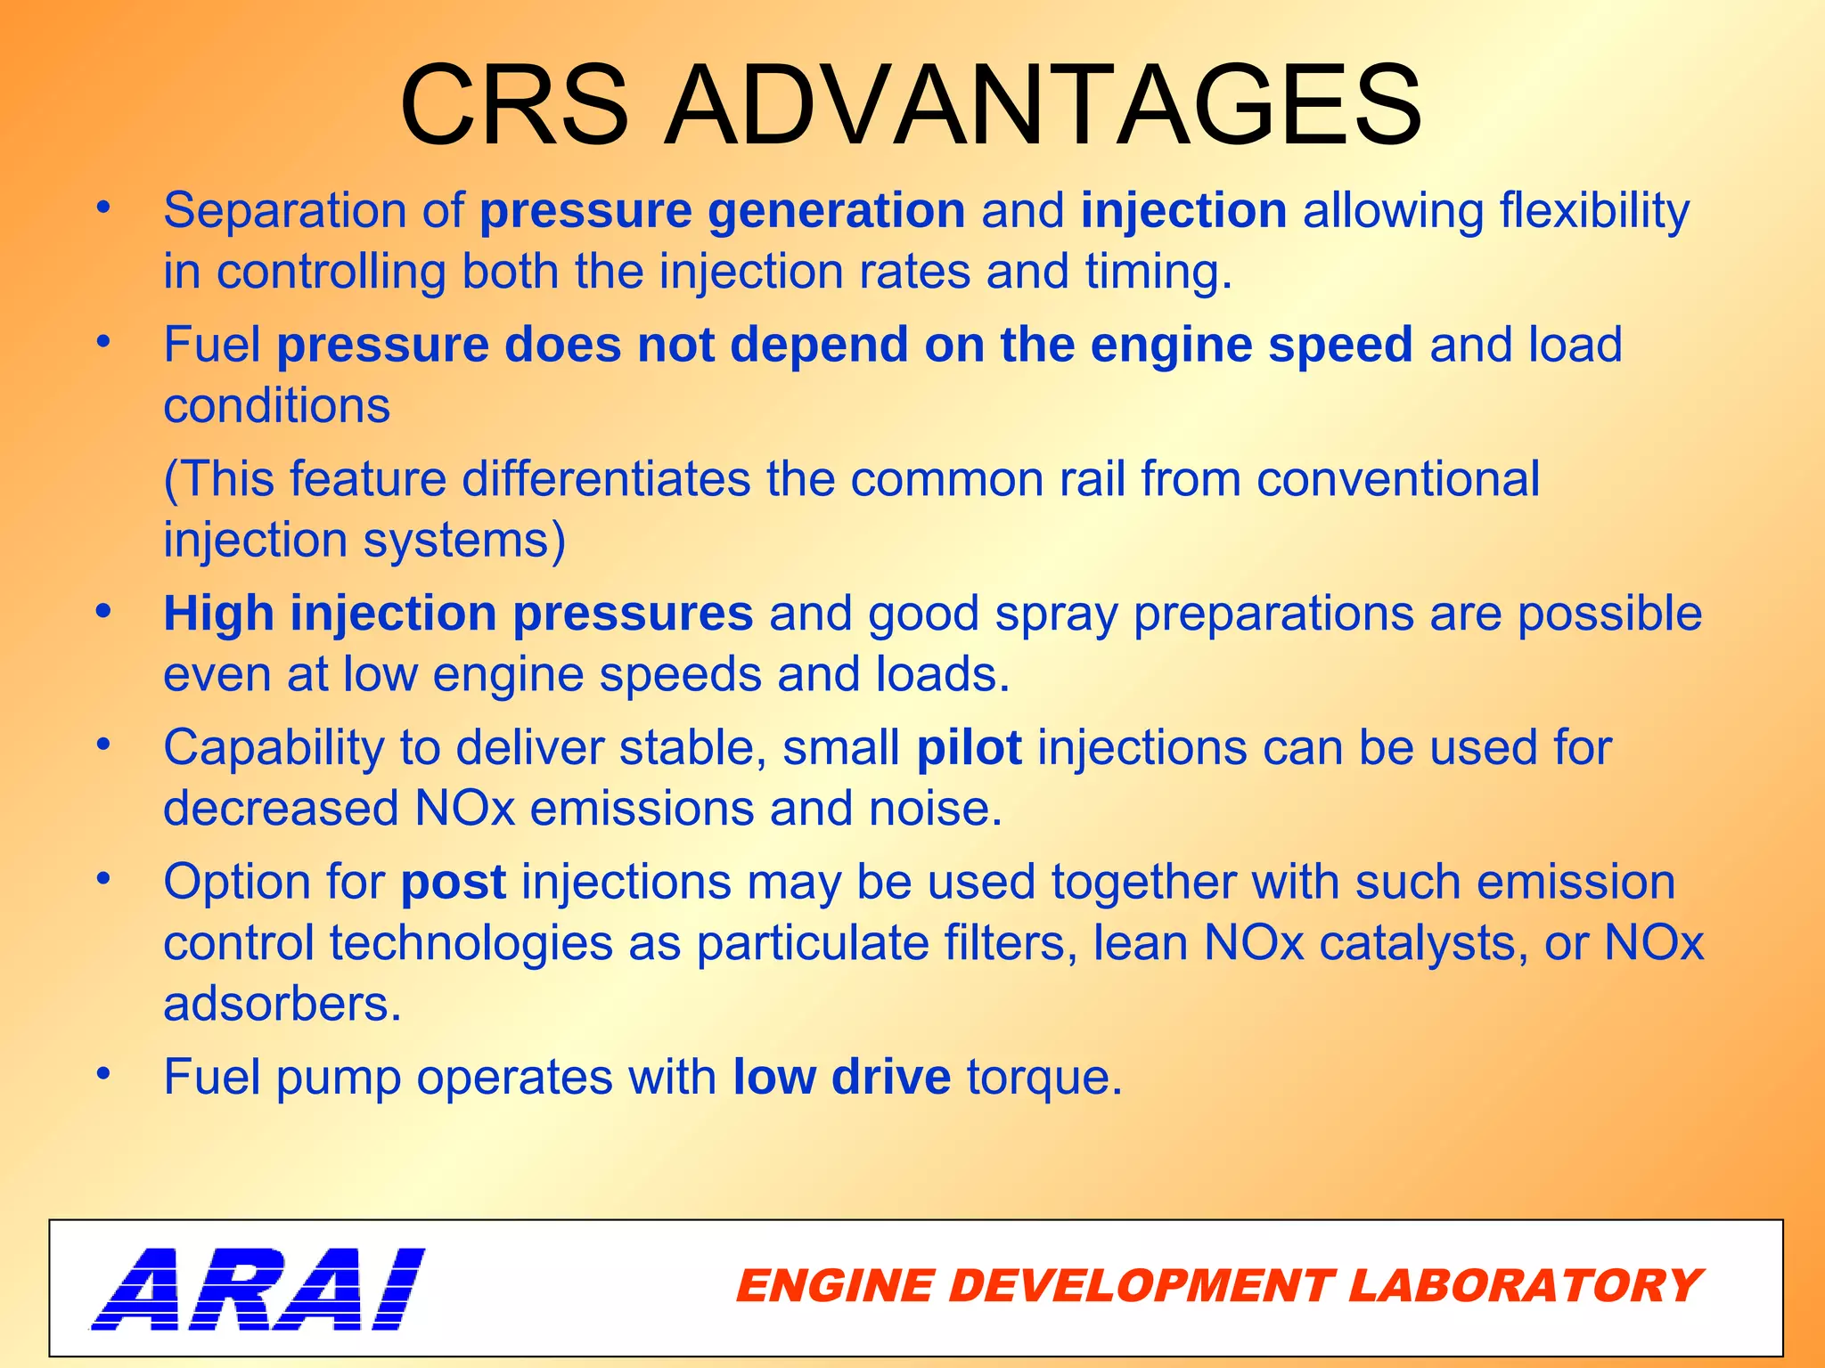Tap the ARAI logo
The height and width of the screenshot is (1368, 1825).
258,1289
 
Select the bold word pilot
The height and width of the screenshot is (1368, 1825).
969,748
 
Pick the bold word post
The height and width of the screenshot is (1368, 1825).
453,883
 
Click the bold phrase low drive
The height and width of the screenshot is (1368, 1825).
841,1077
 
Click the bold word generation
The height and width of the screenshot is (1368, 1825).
836,212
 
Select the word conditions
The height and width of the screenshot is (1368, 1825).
276,407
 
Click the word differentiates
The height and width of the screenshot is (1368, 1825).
606,480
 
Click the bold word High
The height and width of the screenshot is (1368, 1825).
218,615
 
